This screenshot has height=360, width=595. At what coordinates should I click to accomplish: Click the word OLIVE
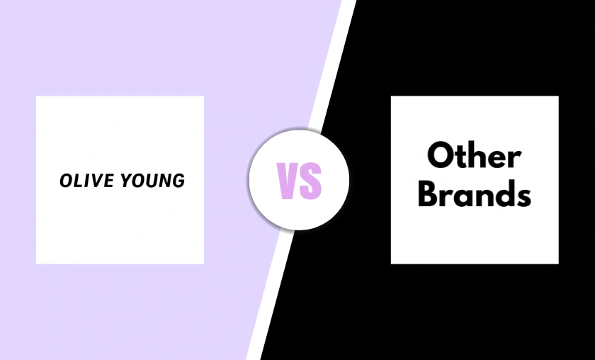(x=82, y=181)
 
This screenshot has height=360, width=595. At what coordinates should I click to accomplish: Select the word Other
(x=475, y=156)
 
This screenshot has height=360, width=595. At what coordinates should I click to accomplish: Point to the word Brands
(x=475, y=193)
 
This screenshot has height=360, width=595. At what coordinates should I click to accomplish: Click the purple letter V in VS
(x=288, y=180)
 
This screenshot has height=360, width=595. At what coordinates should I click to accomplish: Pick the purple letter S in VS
(x=311, y=180)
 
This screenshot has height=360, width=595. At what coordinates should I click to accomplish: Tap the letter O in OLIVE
(x=66, y=181)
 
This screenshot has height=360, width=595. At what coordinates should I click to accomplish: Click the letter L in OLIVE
(x=76, y=181)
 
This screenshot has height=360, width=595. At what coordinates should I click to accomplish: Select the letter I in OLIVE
(x=84, y=181)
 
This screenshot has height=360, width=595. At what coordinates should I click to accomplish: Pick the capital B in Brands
(x=429, y=193)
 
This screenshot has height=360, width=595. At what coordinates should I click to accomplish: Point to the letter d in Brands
(x=502, y=193)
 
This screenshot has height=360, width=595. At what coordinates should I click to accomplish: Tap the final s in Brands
(x=522, y=196)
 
